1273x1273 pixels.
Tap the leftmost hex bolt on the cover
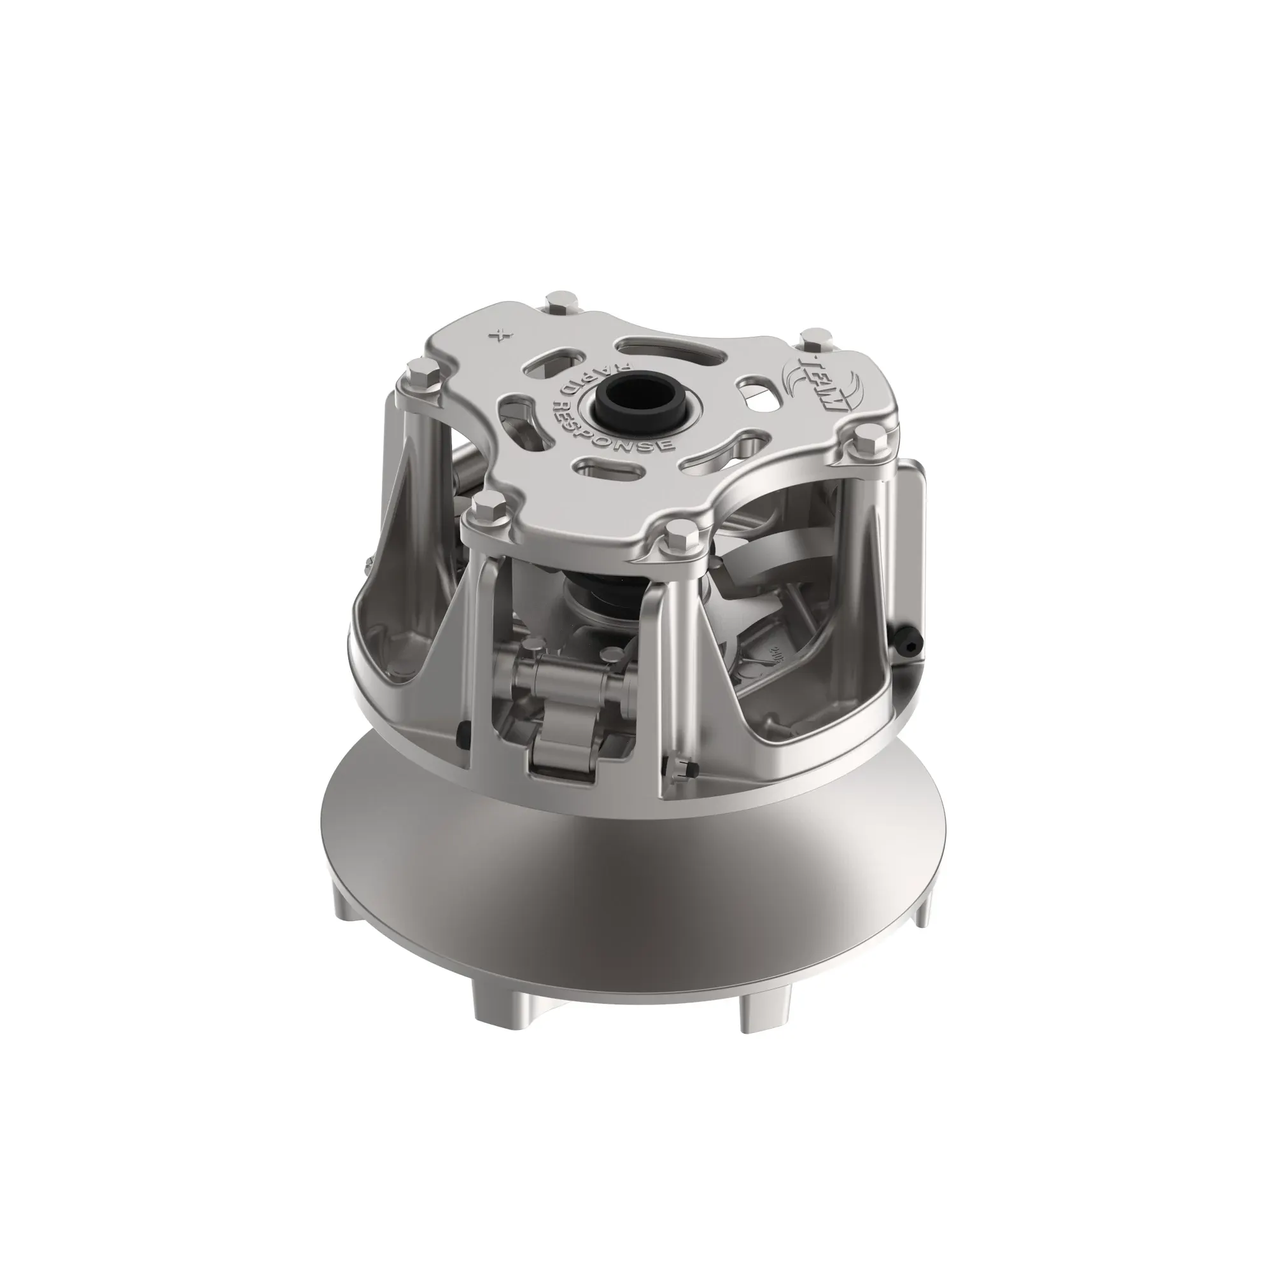(x=418, y=374)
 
